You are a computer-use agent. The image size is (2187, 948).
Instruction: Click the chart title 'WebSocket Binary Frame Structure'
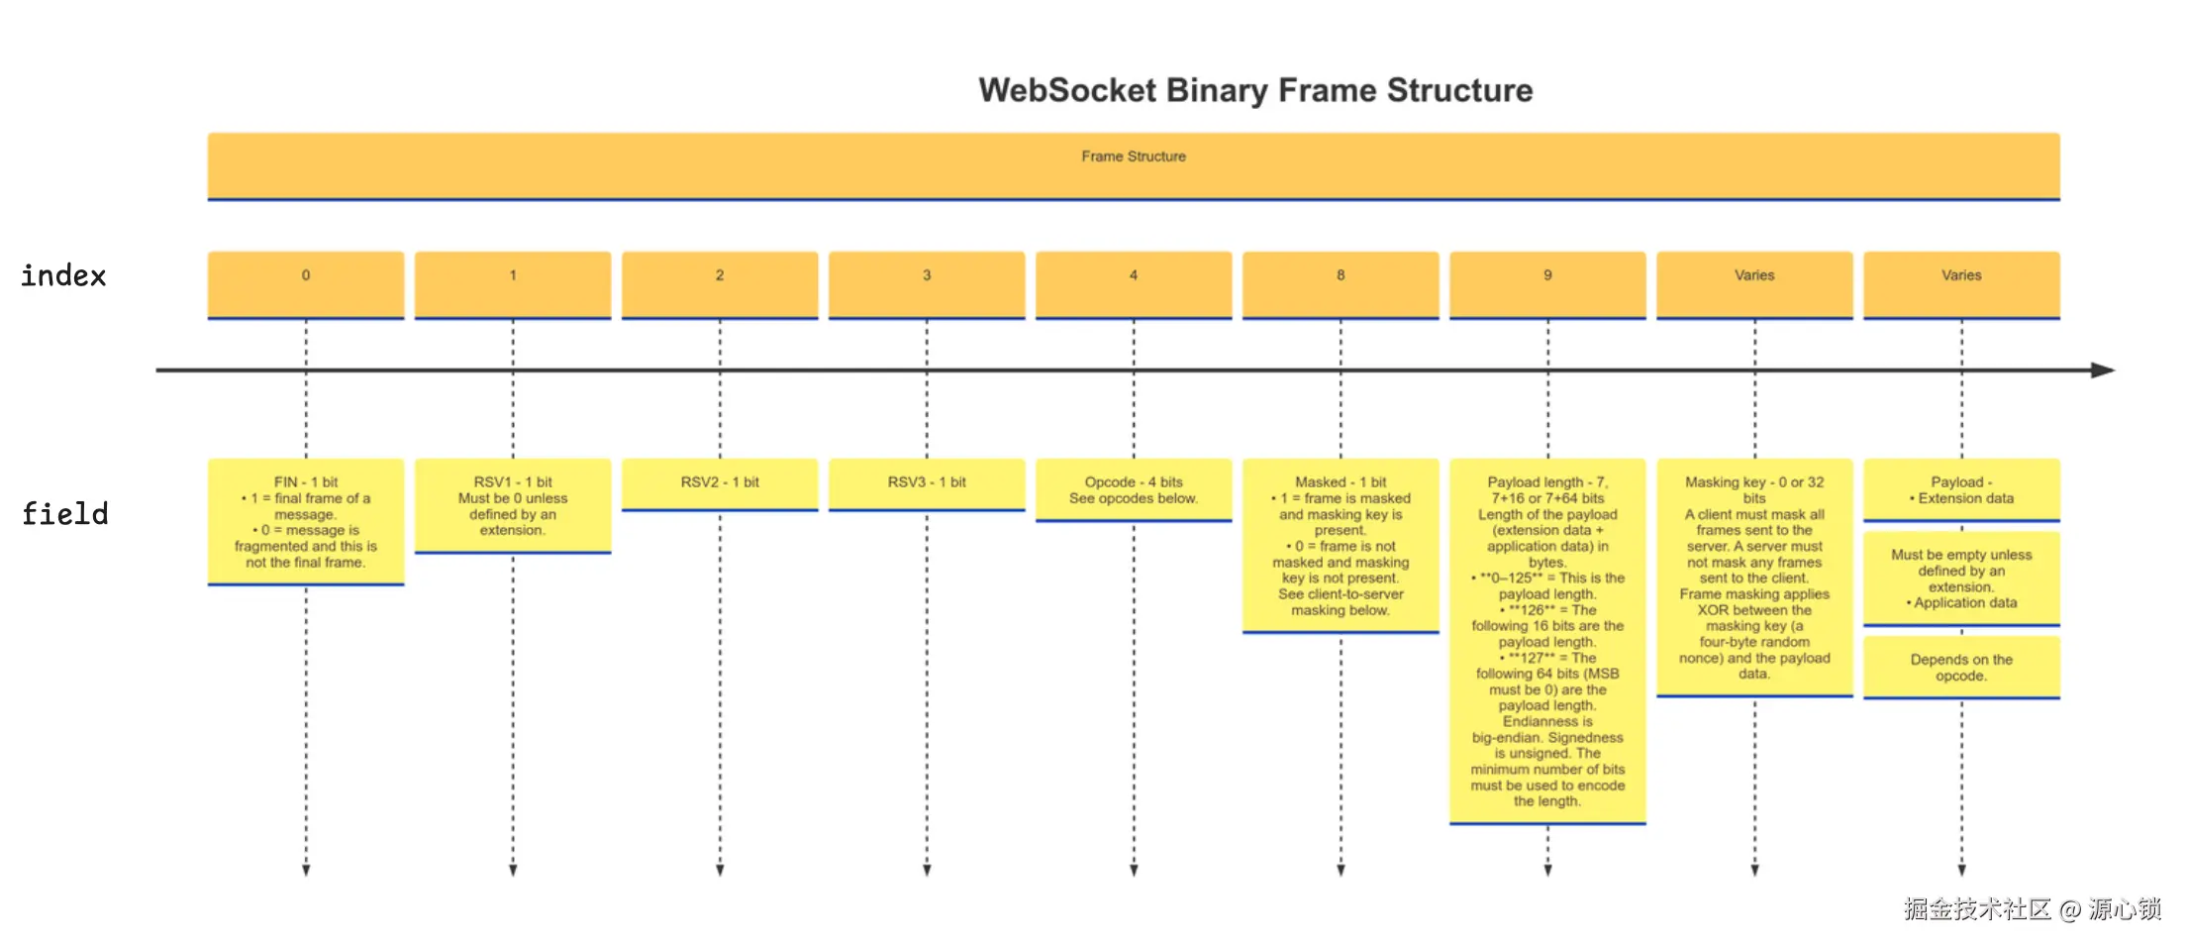tap(1255, 90)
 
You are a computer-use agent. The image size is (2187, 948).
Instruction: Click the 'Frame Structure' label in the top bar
tap(1134, 157)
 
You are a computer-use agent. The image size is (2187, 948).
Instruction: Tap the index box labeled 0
tap(306, 285)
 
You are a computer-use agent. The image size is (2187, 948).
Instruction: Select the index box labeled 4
tap(1134, 285)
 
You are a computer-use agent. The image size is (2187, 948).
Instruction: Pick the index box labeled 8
tap(1341, 285)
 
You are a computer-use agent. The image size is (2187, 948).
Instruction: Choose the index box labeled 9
tap(1547, 285)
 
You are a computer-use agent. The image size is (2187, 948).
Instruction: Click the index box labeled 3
tap(927, 285)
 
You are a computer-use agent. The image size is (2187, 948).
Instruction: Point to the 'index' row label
tap(63, 275)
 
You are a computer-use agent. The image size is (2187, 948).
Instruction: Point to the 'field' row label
tap(65, 513)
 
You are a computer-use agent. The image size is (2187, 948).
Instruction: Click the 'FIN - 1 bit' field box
tap(306, 522)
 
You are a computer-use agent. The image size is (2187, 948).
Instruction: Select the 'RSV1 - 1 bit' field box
tap(513, 506)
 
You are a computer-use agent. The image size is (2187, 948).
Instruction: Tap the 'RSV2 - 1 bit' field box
tap(720, 485)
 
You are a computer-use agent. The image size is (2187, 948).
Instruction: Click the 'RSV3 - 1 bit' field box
tap(927, 485)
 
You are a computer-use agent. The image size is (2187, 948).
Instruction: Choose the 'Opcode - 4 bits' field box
tap(1134, 490)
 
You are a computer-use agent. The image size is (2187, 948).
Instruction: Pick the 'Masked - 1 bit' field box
tap(1341, 546)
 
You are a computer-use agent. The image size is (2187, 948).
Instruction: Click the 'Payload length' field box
tap(1547, 641)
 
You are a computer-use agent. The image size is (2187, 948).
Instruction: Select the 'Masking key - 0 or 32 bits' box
tap(1754, 578)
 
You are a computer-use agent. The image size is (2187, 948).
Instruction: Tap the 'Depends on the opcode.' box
tap(1961, 668)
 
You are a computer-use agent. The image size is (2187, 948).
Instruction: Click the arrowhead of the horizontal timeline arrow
tap(2104, 370)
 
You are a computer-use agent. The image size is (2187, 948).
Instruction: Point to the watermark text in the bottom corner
tap(2032, 908)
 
